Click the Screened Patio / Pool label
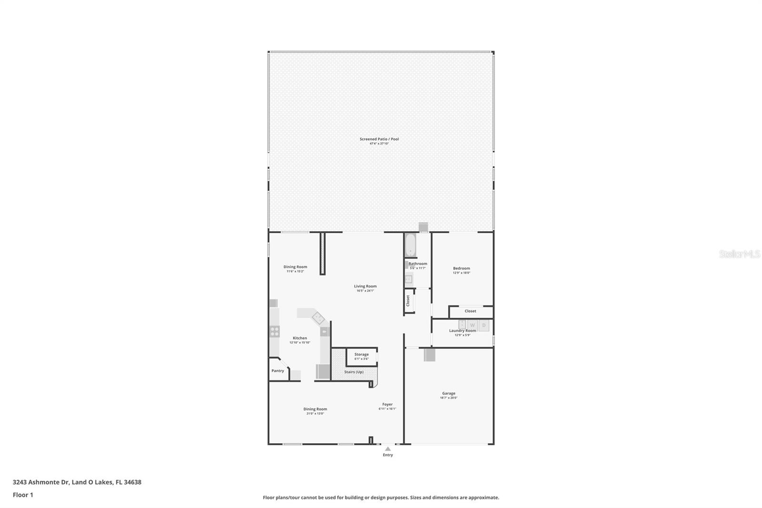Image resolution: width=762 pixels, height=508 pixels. coord(379,139)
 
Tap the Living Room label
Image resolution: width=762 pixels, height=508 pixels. coord(365,286)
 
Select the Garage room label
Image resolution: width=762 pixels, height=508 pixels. coord(449,394)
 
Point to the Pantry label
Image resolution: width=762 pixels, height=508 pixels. coord(278,371)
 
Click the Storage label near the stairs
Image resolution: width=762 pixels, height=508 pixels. coord(361,355)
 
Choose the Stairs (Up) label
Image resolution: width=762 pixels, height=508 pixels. coord(354,372)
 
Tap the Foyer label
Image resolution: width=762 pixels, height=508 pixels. coord(387,405)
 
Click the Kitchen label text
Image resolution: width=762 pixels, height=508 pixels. coord(300,338)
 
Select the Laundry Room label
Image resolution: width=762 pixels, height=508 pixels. coord(462,331)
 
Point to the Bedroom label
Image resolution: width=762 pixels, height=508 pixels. coord(461,268)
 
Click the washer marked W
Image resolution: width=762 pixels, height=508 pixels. coord(472,325)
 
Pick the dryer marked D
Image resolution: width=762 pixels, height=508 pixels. coord(484,325)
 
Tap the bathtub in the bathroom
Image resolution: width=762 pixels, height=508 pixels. coord(411,245)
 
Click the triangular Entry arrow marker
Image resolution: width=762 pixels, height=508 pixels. coord(388,448)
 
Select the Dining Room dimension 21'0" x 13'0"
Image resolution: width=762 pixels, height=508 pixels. coord(315,414)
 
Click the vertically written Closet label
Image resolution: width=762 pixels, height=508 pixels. coord(408,301)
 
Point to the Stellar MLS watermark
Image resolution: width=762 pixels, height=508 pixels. coord(740,254)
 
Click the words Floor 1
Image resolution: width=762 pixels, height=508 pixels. coord(23,495)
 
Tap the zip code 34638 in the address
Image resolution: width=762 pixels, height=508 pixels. coord(132,482)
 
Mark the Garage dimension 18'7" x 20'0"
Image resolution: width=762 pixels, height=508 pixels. coord(449,398)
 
